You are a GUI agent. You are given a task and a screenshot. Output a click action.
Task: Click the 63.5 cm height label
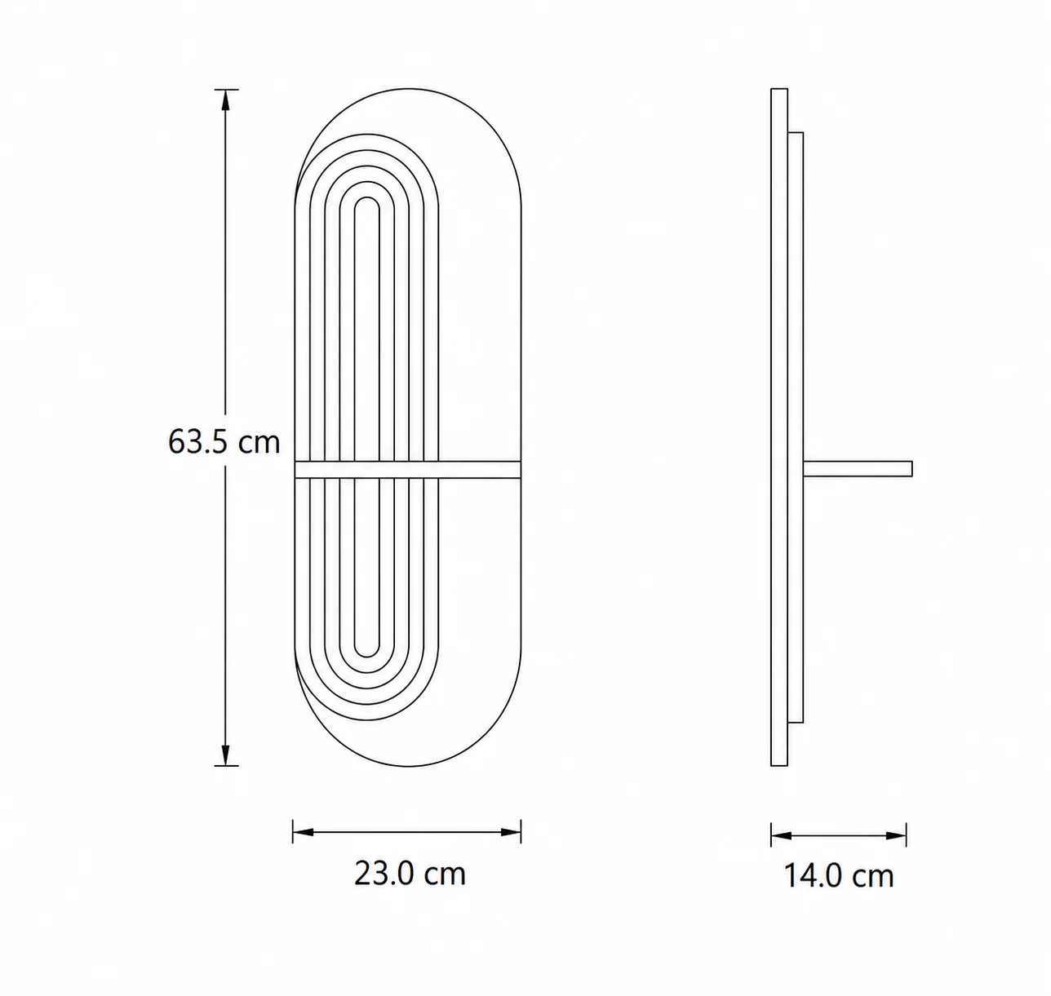pos(224,441)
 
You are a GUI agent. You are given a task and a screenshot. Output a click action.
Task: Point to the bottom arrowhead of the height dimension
pos(225,755)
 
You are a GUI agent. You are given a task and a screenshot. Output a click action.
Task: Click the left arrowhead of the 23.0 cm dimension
pos(303,832)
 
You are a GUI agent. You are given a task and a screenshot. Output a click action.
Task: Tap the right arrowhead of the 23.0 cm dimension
pos(511,832)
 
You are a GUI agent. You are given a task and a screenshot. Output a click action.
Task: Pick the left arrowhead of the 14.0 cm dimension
pos(781,835)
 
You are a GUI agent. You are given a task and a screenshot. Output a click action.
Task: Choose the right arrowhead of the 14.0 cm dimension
pos(896,835)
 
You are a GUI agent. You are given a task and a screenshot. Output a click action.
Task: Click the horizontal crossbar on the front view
pos(407,469)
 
